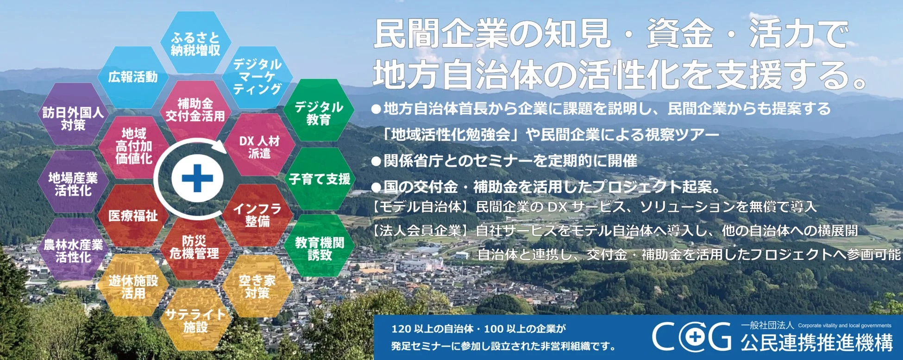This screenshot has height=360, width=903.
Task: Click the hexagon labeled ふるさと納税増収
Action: pyautogui.click(x=195, y=43)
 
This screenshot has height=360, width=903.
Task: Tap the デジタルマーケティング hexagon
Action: pyautogui.click(x=257, y=77)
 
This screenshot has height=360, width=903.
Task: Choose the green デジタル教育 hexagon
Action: pyautogui.click(x=319, y=112)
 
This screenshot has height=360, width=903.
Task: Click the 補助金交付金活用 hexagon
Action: pyautogui.click(x=195, y=110)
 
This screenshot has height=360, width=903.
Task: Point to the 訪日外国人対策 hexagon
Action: pyautogui.click(x=73, y=118)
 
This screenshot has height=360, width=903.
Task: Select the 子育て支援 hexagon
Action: pyautogui.click(x=320, y=179)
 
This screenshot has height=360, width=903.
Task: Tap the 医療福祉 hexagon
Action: pyautogui.click(x=133, y=215)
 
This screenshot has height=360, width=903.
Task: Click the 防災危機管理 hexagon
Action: pyautogui.click(x=194, y=247)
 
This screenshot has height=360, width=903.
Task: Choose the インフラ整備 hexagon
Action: pyautogui.click(x=257, y=215)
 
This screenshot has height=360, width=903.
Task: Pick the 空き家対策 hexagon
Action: pyautogui.click(x=257, y=286)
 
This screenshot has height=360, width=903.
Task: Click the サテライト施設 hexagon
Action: pyautogui.click(x=195, y=320)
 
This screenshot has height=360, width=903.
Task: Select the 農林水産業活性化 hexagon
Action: pyautogui.click(x=73, y=250)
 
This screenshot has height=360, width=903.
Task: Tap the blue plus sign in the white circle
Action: pyautogui.click(x=197, y=178)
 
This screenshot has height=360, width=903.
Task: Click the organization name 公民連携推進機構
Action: pyautogui.click(x=816, y=343)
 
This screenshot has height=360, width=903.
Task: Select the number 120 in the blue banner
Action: pyautogui.click(x=401, y=329)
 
